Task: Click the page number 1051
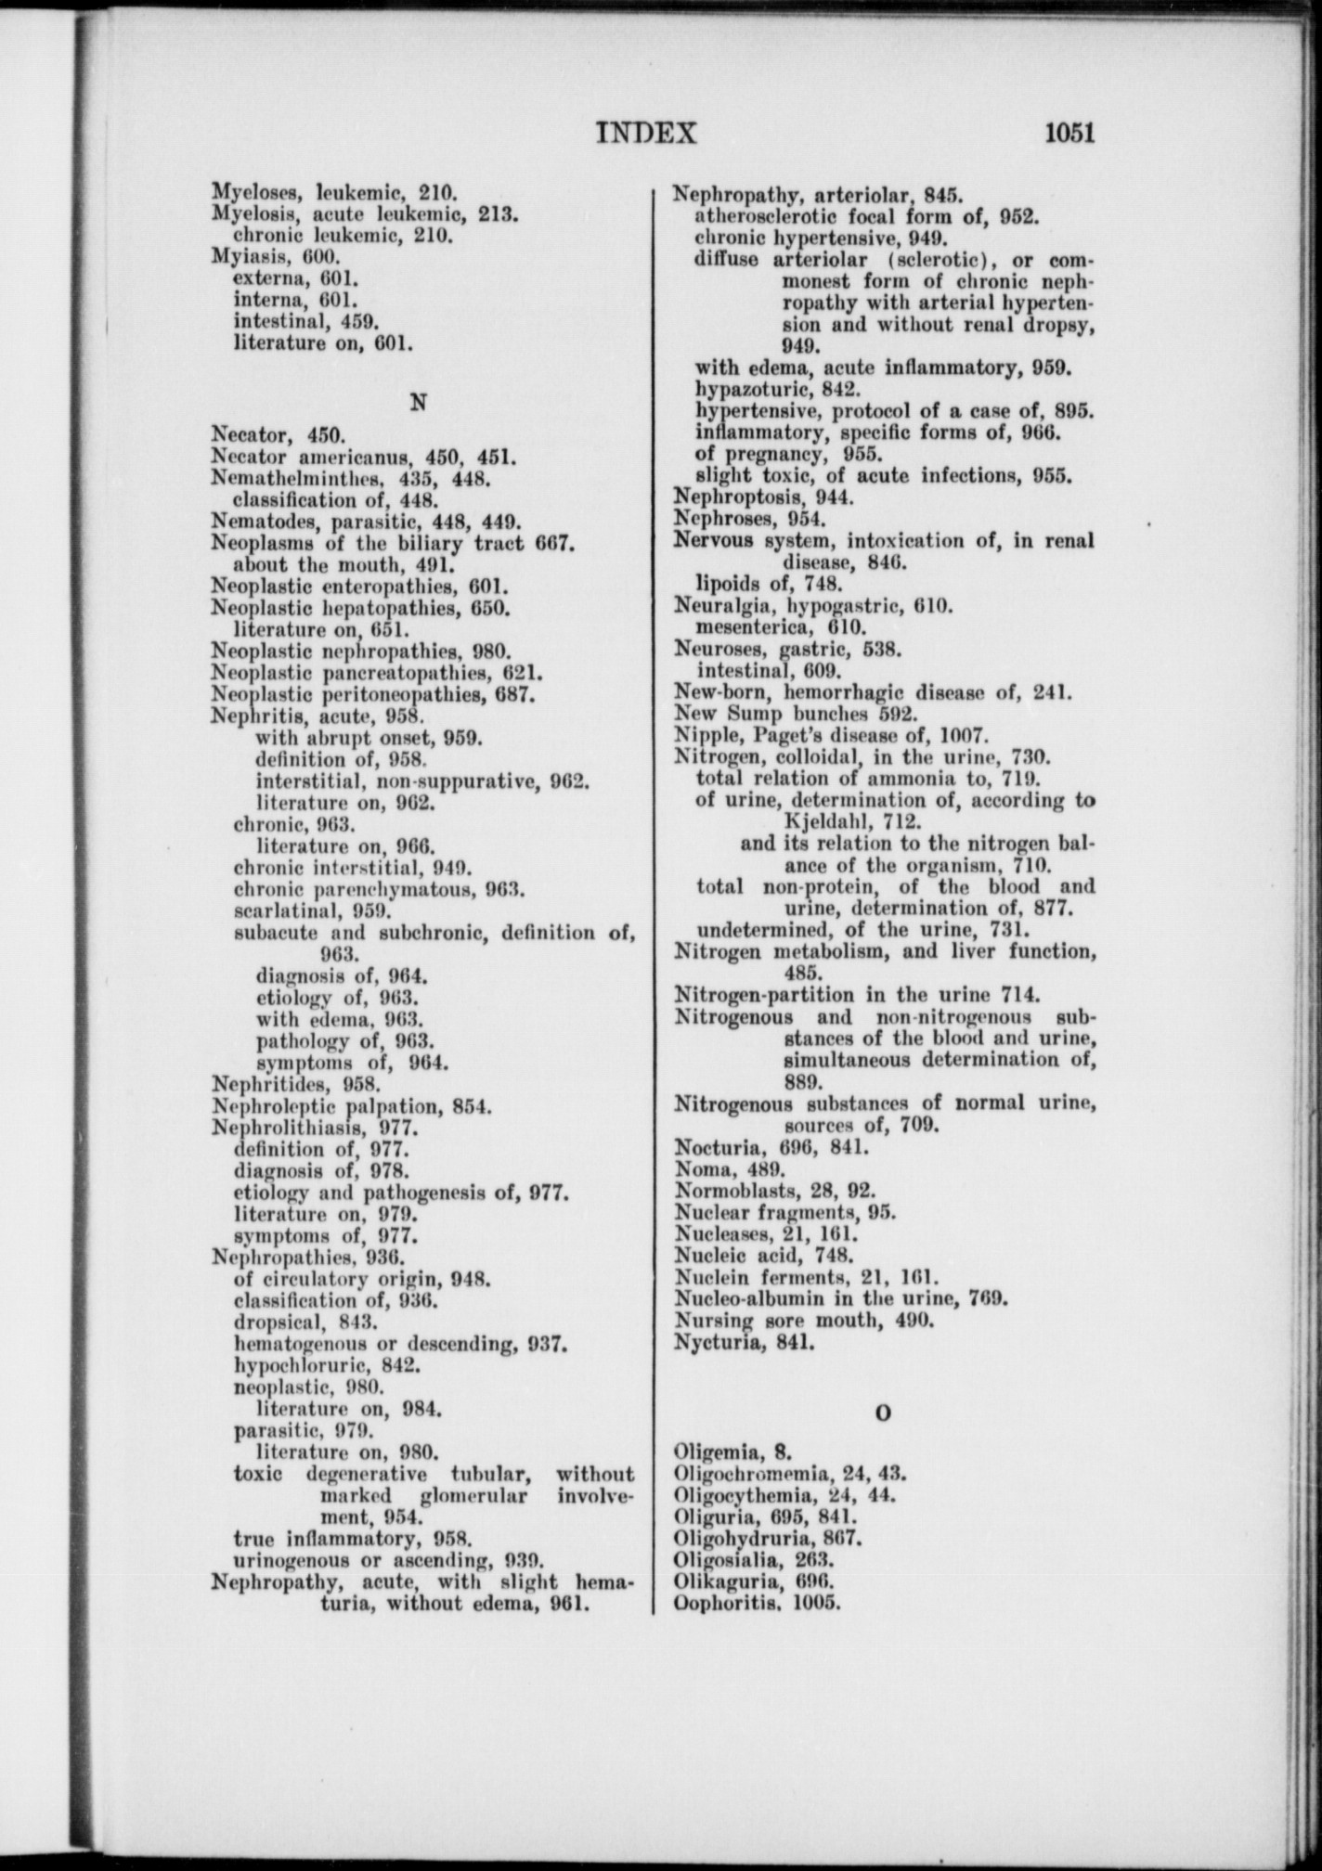pyautogui.click(x=1069, y=133)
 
